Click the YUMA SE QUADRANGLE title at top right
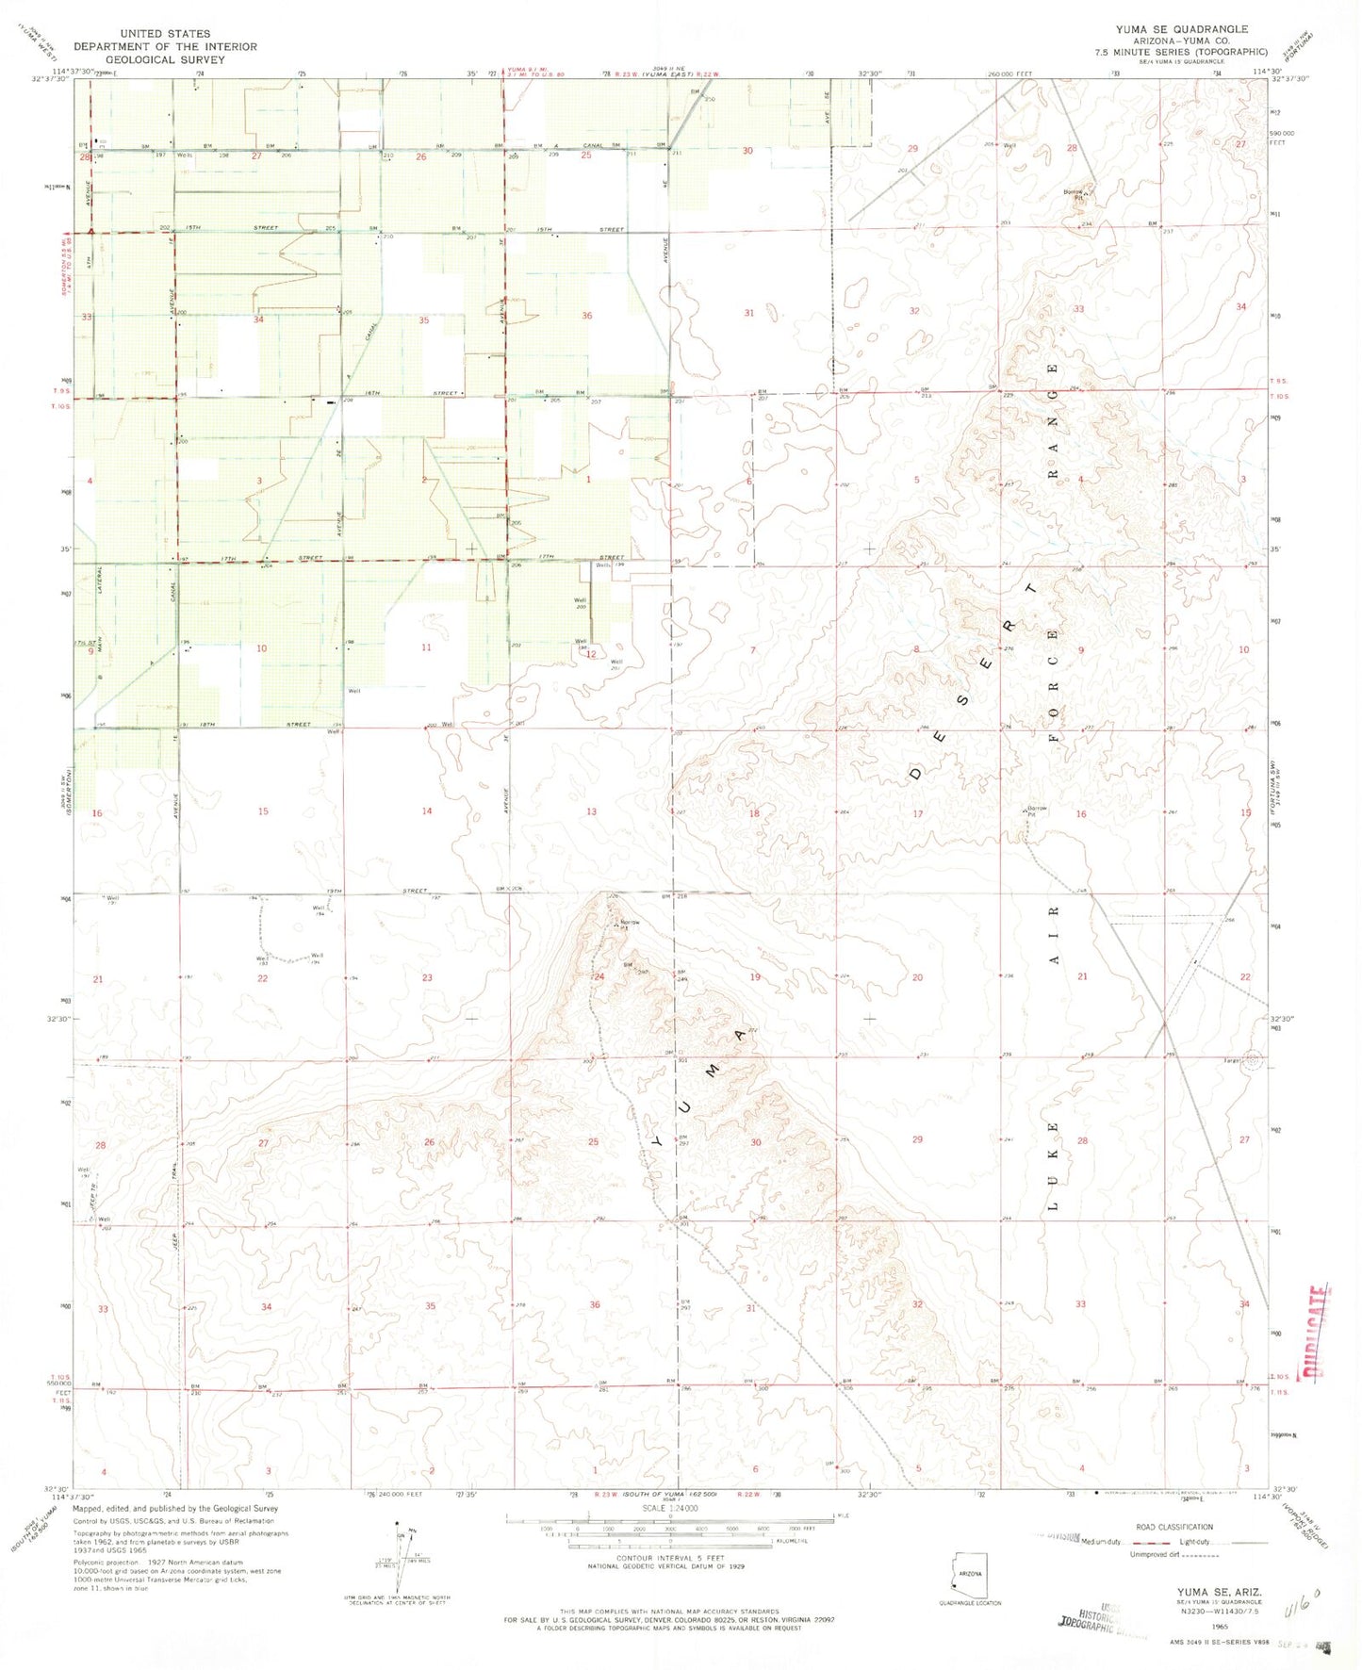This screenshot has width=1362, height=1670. tap(1181, 29)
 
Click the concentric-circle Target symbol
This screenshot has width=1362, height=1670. tap(1252, 1059)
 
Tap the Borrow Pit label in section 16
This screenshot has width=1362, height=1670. tap(1037, 810)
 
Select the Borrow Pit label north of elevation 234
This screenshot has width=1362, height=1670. tap(1074, 195)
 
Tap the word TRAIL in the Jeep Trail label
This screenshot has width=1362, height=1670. tap(175, 1178)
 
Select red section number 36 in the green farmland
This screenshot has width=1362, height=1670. tap(586, 316)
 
